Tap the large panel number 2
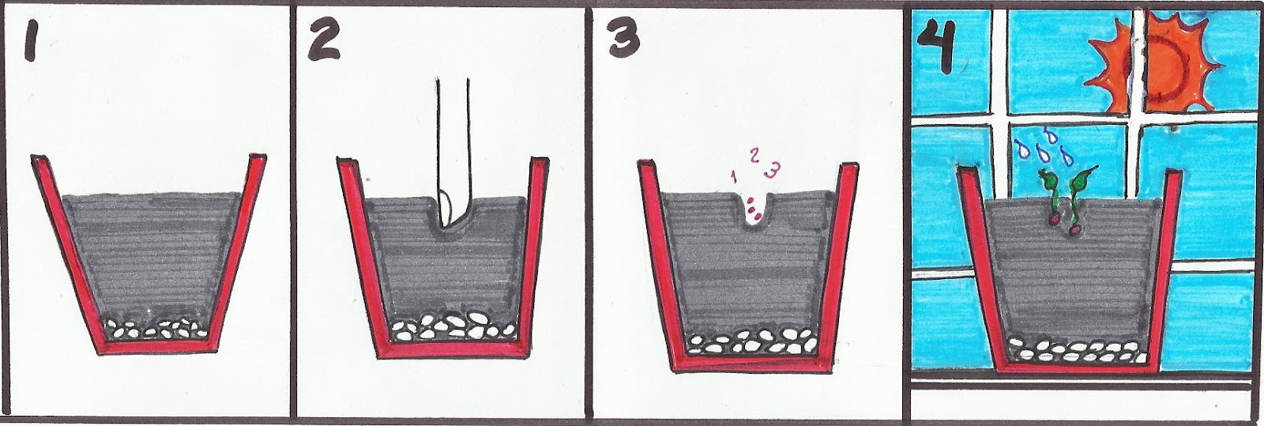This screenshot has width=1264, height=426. pos(325,41)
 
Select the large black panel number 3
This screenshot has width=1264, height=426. pos(624,39)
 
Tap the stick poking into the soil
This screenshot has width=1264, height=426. pos(453,153)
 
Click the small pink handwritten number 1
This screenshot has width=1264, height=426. pos(734,176)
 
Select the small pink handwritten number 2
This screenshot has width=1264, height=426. pos(755,155)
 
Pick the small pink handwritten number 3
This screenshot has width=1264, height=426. pos(772,169)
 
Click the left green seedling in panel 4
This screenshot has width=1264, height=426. pos(1051,198)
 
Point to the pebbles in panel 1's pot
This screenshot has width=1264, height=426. pos(159,330)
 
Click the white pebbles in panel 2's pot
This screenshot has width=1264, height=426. pos(454,326)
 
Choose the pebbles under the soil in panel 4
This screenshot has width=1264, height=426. pos(1077,350)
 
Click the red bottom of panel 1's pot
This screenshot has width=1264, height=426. pos(158,347)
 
